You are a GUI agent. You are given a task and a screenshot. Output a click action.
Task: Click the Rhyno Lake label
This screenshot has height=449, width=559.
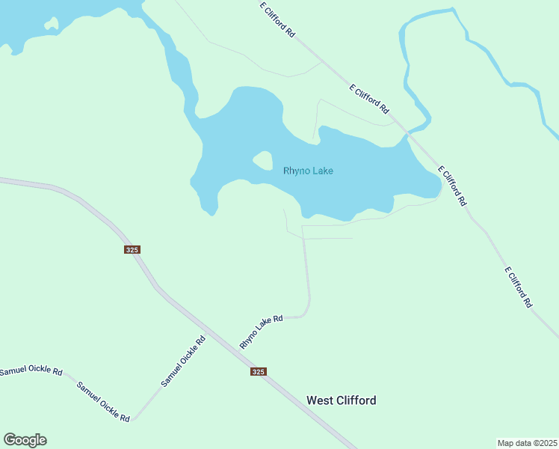pos(308,171)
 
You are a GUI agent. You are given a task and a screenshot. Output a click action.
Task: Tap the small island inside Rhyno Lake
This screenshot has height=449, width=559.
pos(262,160)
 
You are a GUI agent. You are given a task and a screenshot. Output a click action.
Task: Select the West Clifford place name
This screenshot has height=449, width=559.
pos(341,400)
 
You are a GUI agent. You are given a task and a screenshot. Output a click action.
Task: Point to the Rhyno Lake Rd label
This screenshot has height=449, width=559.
pos(261,331)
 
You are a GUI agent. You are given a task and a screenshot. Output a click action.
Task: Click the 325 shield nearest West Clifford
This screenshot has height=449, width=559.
pos(258,371)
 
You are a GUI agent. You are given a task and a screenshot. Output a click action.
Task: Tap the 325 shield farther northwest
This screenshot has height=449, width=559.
pos(132,250)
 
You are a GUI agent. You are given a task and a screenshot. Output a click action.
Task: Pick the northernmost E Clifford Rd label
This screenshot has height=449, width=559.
pos(277,19)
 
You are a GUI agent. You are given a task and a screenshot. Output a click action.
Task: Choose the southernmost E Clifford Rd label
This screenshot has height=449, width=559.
pos(518,287)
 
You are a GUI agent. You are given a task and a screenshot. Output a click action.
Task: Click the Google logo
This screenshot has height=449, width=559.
pos(25,440)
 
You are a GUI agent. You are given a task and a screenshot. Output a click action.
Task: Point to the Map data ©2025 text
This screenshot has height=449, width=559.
pos(527,442)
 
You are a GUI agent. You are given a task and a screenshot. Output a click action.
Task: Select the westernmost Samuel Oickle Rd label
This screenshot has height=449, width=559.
pos(31,371)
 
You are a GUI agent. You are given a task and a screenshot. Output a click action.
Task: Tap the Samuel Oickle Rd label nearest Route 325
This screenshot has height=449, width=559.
pos(184,361)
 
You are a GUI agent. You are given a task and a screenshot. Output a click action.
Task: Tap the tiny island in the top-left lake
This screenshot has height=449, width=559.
pos(51,24)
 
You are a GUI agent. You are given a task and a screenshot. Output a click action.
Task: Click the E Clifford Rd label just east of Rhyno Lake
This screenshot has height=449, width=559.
pos(452,186)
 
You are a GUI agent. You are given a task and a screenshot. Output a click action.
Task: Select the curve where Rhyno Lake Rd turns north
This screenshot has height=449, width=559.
pos(306,312)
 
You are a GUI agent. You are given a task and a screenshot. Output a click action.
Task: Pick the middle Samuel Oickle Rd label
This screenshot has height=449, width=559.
pos(103,401)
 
